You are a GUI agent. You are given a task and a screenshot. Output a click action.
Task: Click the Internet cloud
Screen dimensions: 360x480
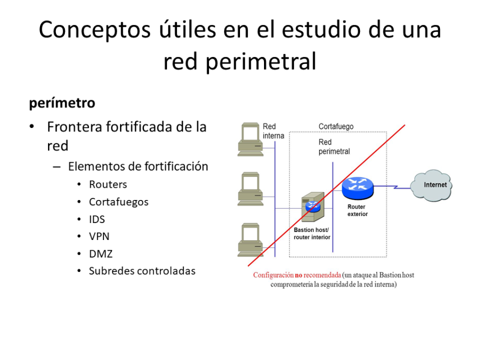(x=431, y=185)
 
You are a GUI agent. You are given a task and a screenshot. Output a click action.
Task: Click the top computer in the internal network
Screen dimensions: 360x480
(x=250, y=139)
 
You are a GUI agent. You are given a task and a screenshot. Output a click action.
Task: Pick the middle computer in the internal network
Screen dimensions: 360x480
(x=250, y=189)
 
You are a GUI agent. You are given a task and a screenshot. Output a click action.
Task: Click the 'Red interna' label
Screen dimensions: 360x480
(x=273, y=131)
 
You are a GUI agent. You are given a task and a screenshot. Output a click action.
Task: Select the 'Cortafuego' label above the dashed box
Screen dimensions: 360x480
(x=336, y=126)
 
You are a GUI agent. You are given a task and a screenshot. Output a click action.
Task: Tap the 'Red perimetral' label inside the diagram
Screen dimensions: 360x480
(x=334, y=147)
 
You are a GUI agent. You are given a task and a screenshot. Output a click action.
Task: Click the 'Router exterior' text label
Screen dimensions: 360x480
(x=357, y=210)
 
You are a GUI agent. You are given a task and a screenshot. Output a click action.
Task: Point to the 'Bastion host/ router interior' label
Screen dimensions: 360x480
(x=312, y=234)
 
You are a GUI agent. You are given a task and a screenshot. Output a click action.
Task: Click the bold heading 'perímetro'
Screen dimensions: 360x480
(x=62, y=103)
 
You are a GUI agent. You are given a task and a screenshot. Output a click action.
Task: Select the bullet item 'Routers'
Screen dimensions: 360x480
(x=108, y=185)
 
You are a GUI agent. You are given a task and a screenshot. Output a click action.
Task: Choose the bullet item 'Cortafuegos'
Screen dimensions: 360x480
(x=118, y=202)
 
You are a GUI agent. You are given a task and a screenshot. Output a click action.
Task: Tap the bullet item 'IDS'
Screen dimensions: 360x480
(x=97, y=219)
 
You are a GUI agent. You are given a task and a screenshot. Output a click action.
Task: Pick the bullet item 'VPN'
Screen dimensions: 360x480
(x=99, y=236)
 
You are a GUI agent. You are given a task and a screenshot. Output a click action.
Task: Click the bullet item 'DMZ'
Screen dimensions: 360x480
(x=100, y=254)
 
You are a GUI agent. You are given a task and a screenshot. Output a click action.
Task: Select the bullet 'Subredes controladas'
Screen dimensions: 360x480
(x=142, y=271)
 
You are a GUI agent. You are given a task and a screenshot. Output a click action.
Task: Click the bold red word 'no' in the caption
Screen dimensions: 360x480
(x=299, y=275)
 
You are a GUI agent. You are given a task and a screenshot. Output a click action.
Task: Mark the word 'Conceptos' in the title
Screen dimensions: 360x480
(x=89, y=30)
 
